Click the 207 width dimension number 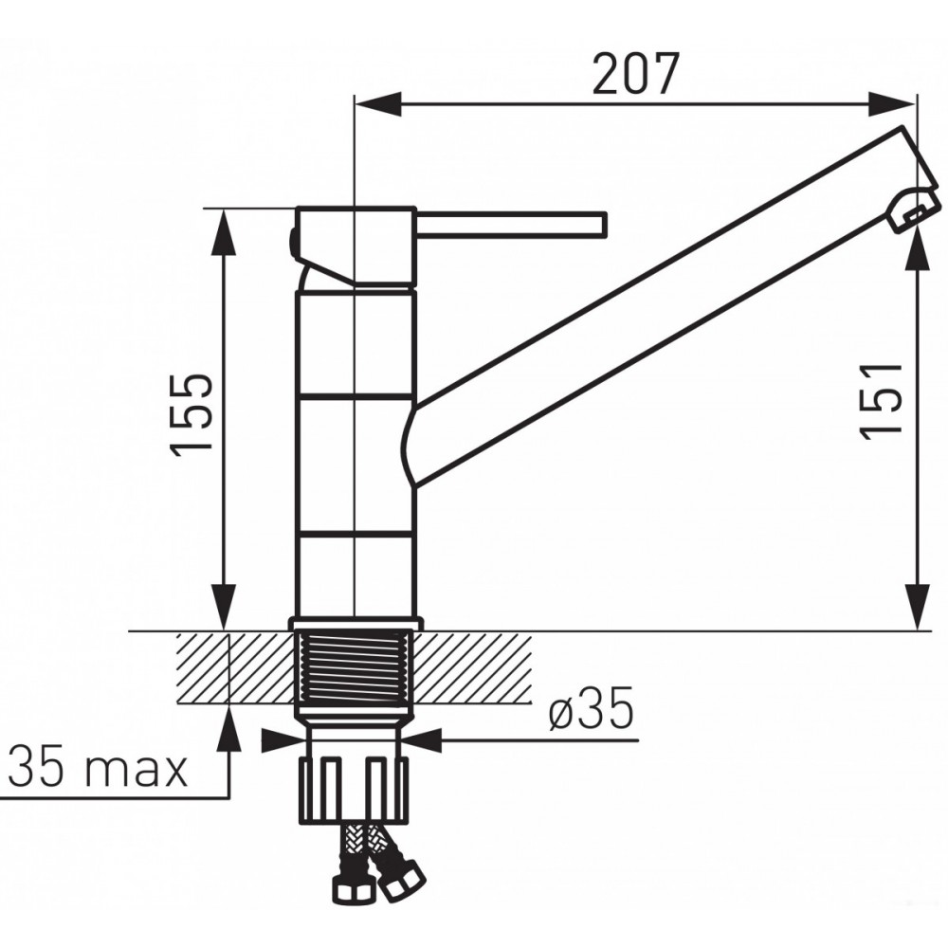coord(635,74)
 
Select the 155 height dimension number coord(191,415)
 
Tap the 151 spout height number coord(881,401)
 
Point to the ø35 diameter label coord(592,708)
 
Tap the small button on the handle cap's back coord(292,243)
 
